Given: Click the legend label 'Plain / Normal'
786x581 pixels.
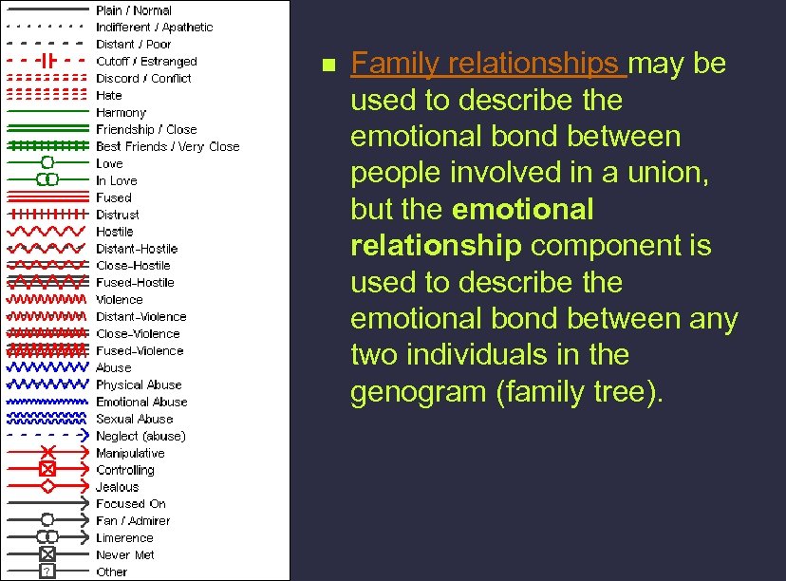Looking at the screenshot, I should pyautogui.click(x=134, y=10).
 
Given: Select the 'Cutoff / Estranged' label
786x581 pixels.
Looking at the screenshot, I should pyautogui.click(x=146, y=62).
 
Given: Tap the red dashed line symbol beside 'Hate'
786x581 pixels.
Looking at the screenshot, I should pyautogui.click(x=47, y=96).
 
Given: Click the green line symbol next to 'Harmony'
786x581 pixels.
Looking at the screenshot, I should pyautogui.click(x=47, y=113).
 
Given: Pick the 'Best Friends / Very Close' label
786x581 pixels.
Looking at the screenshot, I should pyautogui.click(x=167, y=147).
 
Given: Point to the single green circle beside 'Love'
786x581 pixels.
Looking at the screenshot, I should pyautogui.click(x=47, y=163).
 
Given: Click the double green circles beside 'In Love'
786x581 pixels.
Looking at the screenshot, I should pyautogui.click(x=47, y=180).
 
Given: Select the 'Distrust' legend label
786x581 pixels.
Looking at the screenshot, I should pyautogui.click(x=117, y=215).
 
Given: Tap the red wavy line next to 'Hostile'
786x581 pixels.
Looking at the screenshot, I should pyautogui.click(x=47, y=232).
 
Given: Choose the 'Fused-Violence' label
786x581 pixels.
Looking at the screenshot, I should pyautogui.click(x=140, y=350).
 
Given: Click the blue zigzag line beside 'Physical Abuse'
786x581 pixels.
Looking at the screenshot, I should pyautogui.click(x=47, y=384).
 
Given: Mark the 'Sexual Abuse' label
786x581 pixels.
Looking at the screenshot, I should pyautogui.click(x=134, y=419).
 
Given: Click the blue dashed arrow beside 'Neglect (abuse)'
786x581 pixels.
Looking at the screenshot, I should pyautogui.click(x=47, y=436).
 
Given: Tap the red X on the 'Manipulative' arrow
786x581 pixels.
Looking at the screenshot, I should pyautogui.click(x=48, y=453).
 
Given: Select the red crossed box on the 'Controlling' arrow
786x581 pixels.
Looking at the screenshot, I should pyautogui.click(x=47, y=469).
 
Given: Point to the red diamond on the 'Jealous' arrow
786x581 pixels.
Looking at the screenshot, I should pyautogui.click(x=47, y=486).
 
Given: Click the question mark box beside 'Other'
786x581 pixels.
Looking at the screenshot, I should pyautogui.click(x=47, y=572).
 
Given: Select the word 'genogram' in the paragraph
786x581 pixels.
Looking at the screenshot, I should pyautogui.click(x=419, y=391).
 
